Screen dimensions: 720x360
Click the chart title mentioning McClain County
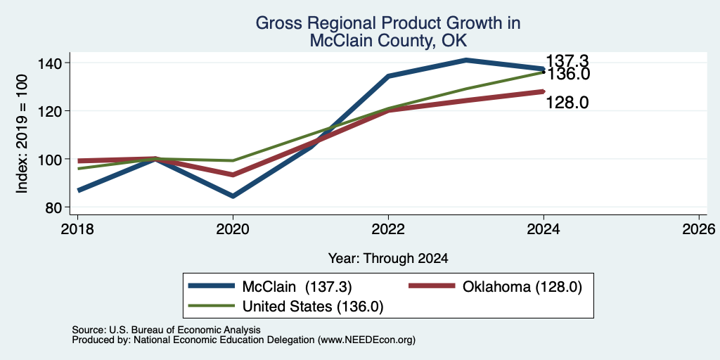tap(387, 32)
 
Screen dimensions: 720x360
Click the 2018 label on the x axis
tap(77, 229)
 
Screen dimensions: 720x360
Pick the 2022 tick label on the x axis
tap(388, 229)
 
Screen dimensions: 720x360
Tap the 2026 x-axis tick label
tap(700, 229)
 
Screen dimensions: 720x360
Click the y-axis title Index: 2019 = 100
tap(22, 134)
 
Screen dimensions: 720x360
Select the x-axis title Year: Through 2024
tap(388, 259)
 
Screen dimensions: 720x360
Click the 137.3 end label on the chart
tap(567, 61)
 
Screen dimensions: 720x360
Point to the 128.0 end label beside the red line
tap(567, 103)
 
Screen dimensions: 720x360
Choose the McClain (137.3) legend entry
tap(270, 287)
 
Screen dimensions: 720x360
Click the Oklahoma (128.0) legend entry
tap(496, 287)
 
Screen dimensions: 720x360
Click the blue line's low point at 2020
tap(233, 196)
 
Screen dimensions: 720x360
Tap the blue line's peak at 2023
tap(466, 60)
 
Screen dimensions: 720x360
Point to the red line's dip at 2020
tap(233, 175)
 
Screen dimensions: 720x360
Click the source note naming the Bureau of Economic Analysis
tap(166, 330)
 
